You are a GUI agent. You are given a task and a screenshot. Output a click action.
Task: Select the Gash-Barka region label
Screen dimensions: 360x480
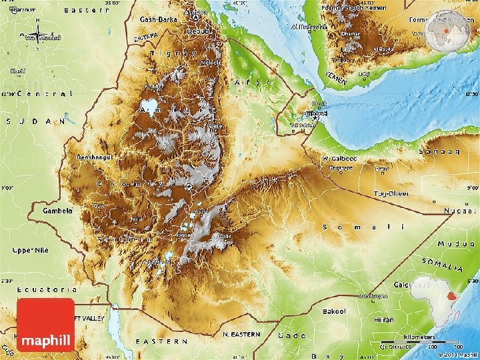click(159, 19)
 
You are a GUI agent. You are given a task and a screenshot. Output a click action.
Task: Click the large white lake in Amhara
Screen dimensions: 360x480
click(150, 106)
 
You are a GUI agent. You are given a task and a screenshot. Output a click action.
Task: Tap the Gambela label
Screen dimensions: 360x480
click(58, 210)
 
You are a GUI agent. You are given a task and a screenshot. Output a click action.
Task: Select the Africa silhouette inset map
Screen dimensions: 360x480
click(435, 298)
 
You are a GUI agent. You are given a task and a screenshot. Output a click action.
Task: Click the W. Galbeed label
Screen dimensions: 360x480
click(339, 159)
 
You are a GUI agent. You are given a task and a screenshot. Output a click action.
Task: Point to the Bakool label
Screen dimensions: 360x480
click(334, 311)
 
